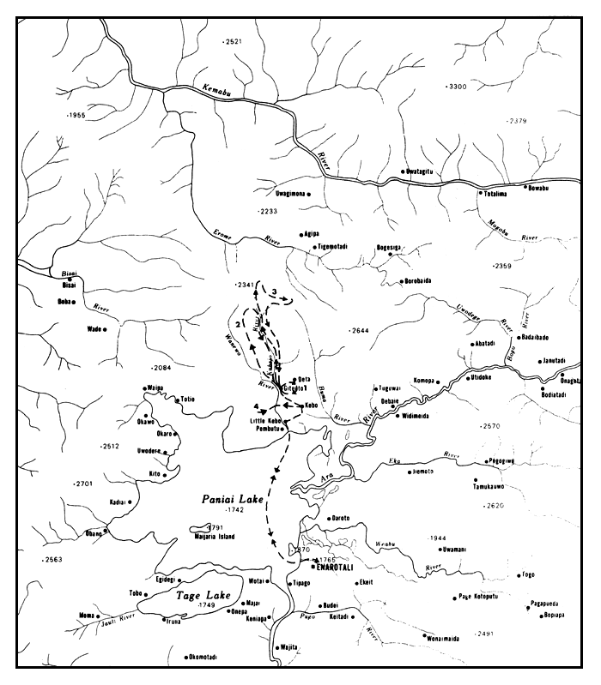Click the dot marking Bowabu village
525,186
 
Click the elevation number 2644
360,330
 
